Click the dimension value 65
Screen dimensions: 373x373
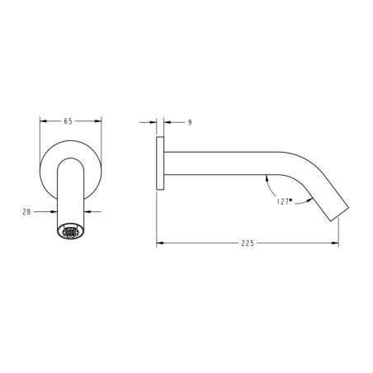click(x=68, y=121)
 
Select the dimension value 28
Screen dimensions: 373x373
click(x=26, y=212)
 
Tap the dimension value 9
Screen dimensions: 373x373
click(x=190, y=122)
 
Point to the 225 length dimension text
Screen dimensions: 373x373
click(x=248, y=243)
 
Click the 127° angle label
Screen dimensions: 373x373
click(x=284, y=201)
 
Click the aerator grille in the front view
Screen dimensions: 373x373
click(x=70, y=232)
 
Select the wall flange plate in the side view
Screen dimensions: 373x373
click(x=160, y=163)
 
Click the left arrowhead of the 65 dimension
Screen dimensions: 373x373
click(x=44, y=121)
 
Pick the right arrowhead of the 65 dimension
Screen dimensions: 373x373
click(x=98, y=121)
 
